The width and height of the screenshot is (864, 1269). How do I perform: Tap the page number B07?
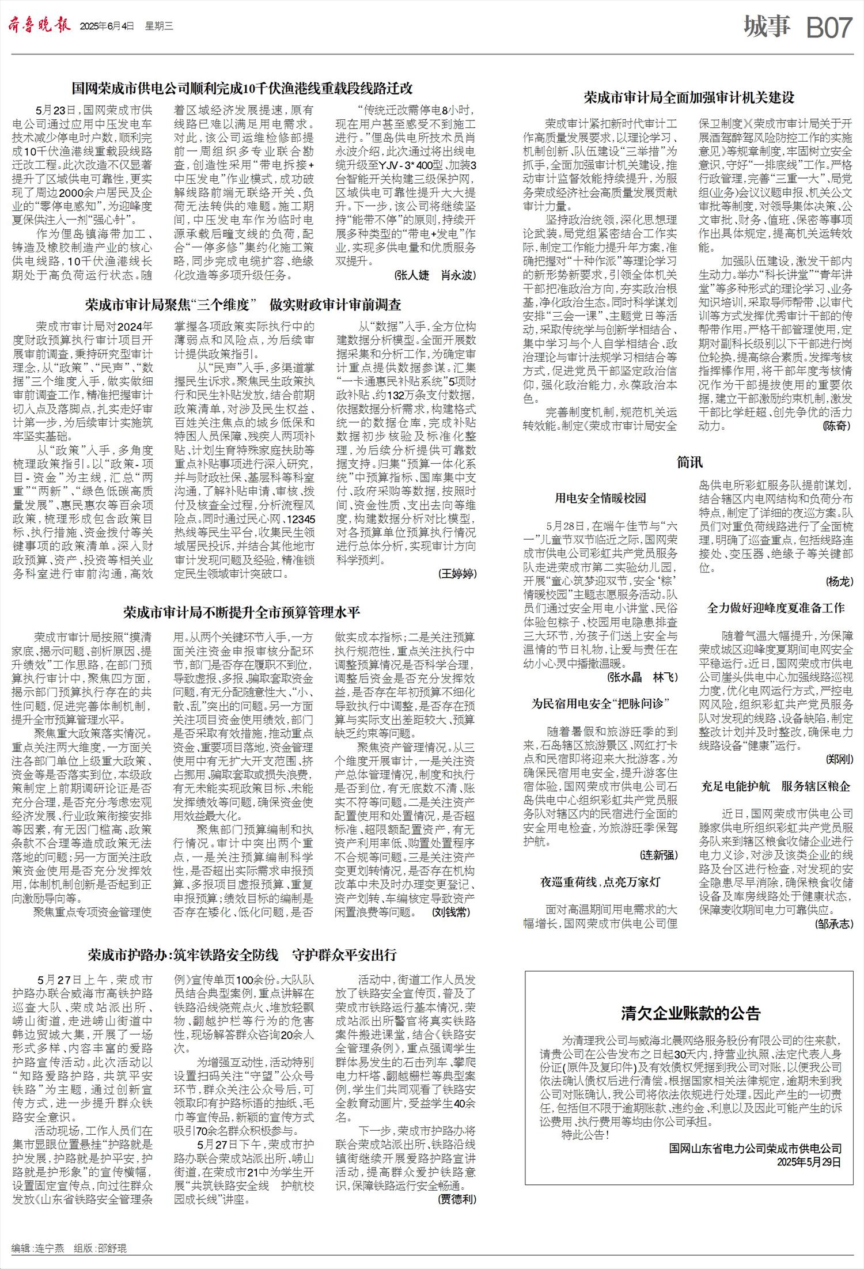pos(828,28)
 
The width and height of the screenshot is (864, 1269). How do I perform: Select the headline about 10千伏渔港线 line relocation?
pos(242,89)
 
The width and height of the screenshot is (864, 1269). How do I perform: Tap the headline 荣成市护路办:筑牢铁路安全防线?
pos(242,954)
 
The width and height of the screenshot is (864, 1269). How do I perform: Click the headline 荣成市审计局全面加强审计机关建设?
pos(689,97)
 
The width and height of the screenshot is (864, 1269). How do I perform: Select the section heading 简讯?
pos(689,462)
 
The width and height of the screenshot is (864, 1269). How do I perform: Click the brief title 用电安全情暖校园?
pos(600,498)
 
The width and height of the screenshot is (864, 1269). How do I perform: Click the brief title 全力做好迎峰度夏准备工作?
pos(775,608)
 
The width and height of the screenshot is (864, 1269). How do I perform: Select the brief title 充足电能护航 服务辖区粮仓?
pos(775,786)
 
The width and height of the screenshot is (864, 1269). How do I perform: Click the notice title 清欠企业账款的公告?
pos(690,1013)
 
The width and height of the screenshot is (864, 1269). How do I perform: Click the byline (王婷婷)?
pos(457,573)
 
